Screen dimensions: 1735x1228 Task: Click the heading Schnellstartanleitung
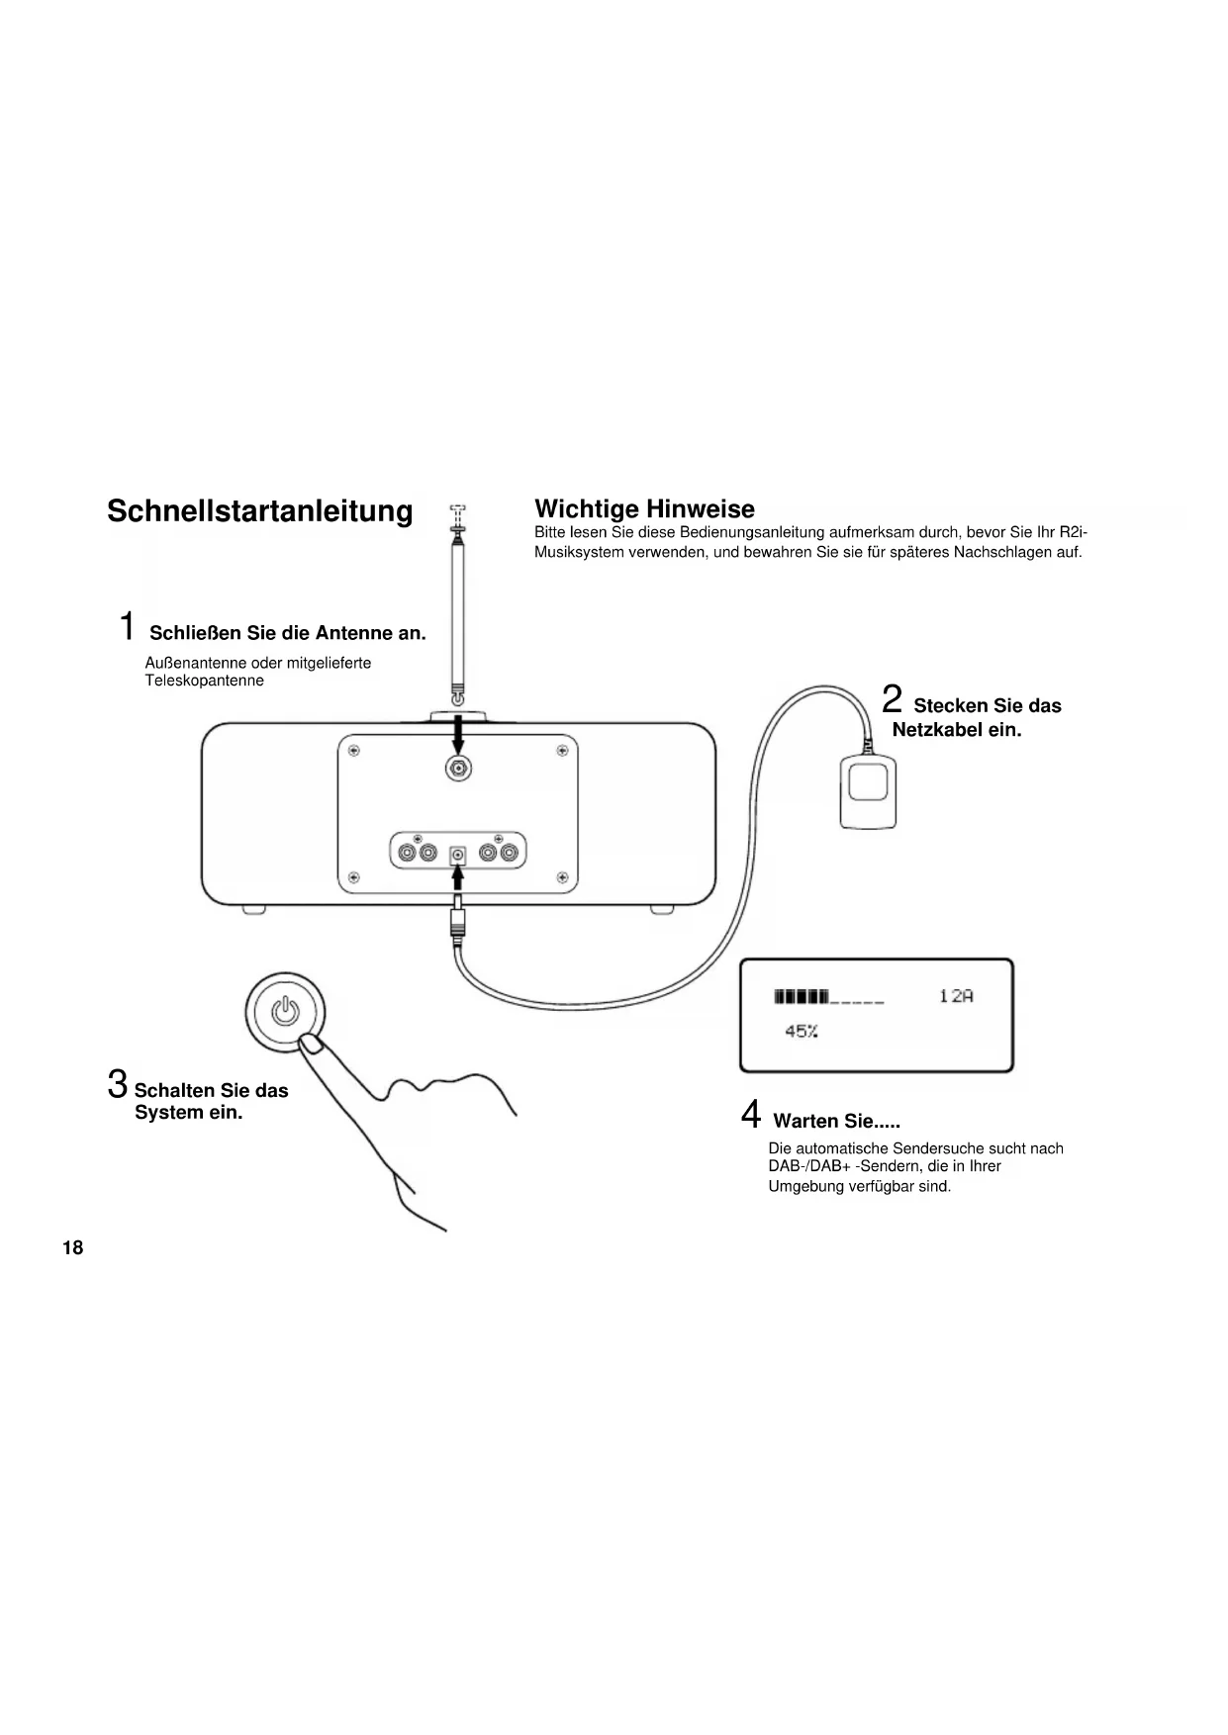pyautogui.click(x=259, y=511)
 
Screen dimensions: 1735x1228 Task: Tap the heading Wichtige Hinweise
pyautogui.click(x=644, y=508)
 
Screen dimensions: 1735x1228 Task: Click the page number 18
pyautogui.click(x=72, y=1247)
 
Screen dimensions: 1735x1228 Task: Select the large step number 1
pyautogui.click(x=127, y=626)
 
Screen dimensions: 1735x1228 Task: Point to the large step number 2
pyautogui.click(x=892, y=698)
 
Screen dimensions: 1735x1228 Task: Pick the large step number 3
pyautogui.click(x=118, y=1083)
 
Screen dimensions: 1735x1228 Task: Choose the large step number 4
pyautogui.click(x=751, y=1115)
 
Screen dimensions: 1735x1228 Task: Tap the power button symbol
pyautogui.click(x=285, y=1011)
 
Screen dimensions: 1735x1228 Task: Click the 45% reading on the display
pyautogui.click(x=801, y=1032)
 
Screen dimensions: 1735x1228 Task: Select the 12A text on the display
pyautogui.click(x=956, y=996)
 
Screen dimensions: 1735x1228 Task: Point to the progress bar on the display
pyautogui.click(x=828, y=996)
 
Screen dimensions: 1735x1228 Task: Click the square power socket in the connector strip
pyautogui.click(x=457, y=854)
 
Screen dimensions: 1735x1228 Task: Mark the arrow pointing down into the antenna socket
pyautogui.click(x=457, y=734)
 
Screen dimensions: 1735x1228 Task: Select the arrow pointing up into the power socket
pyautogui.click(x=457, y=878)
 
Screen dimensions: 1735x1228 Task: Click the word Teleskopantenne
pyautogui.click(x=205, y=681)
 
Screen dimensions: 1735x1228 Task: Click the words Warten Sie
pyautogui.click(x=823, y=1121)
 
